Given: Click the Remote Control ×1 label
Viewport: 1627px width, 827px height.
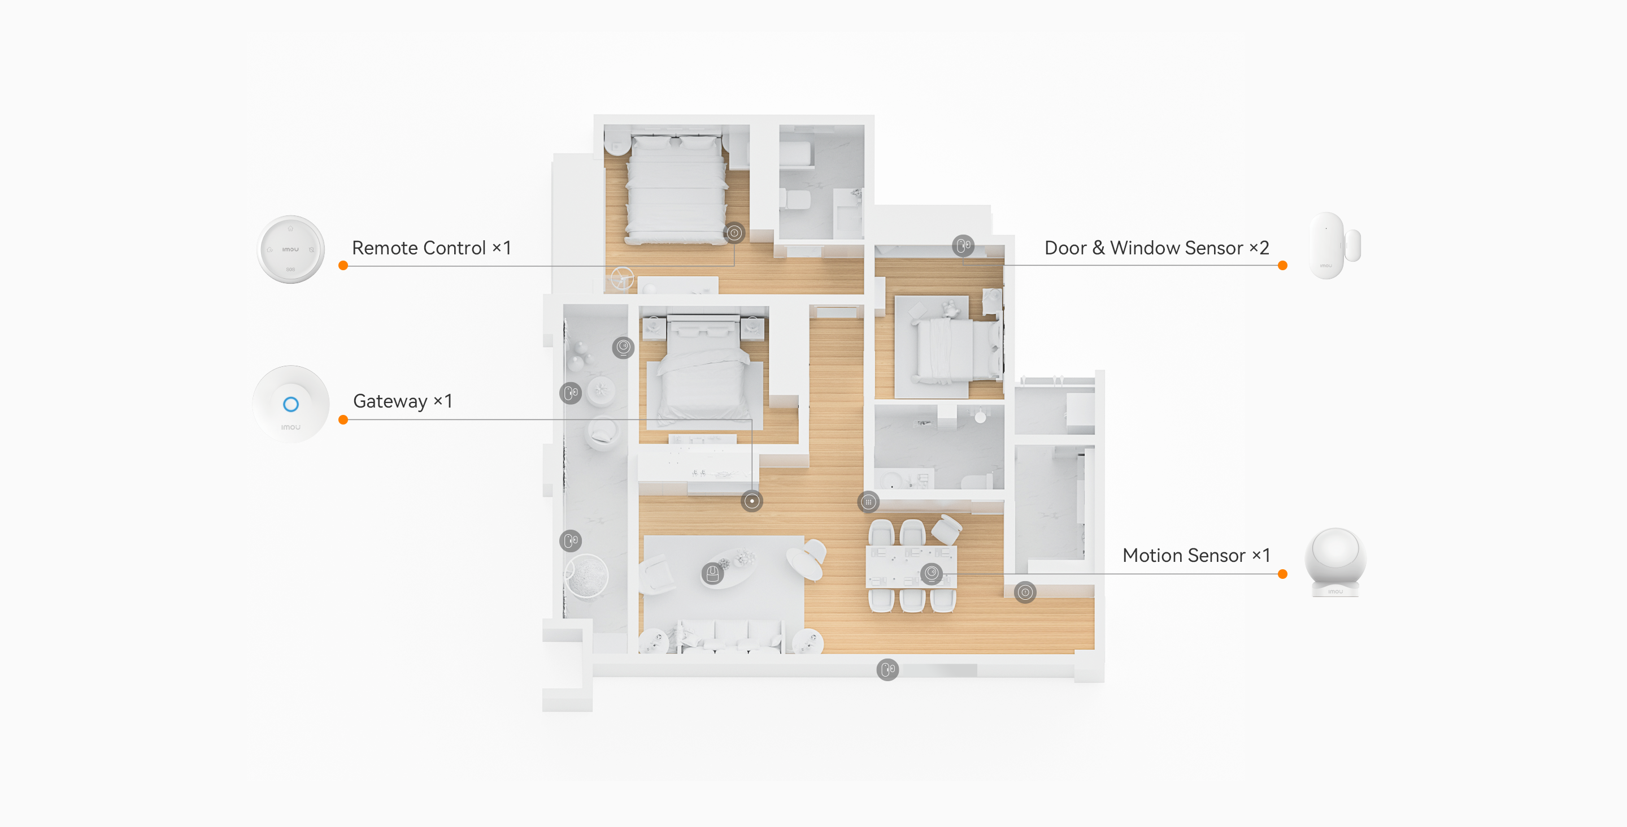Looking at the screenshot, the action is click(x=432, y=248).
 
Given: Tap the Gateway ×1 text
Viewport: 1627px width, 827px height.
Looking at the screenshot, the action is click(x=402, y=401).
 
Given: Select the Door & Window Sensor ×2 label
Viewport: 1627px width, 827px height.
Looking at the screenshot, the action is click(x=1156, y=248).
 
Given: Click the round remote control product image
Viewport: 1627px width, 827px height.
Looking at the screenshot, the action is click(x=290, y=249).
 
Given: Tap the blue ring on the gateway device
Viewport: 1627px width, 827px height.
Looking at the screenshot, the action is click(x=290, y=404).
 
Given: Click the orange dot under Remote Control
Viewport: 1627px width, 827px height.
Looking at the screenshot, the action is click(x=343, y=265).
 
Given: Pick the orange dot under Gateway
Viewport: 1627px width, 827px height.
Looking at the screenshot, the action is click(x=343, y=419).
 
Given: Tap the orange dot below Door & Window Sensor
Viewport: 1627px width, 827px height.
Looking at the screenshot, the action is click(x=1282, y=265).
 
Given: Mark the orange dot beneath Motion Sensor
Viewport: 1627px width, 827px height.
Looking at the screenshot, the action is click(x=1282, y=574).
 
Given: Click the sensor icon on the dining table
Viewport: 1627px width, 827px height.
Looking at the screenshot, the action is click(x=932, y=573).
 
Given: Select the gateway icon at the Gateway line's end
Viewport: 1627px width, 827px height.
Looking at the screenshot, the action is click(x=751, y=501).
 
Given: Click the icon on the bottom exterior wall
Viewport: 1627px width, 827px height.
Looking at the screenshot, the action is click(x=888, y=669).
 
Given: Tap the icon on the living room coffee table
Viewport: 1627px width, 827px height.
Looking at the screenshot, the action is click(x=712, y=573).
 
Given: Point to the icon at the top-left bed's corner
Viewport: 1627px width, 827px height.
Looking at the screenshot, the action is click(x=734, y=232).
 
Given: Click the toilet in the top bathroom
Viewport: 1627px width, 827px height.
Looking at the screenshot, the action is click(x=794, y=200).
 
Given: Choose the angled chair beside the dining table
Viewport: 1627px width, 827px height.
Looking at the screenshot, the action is click(x=947, y=528).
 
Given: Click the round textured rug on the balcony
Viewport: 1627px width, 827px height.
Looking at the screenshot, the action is click(x=586, y=575).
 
